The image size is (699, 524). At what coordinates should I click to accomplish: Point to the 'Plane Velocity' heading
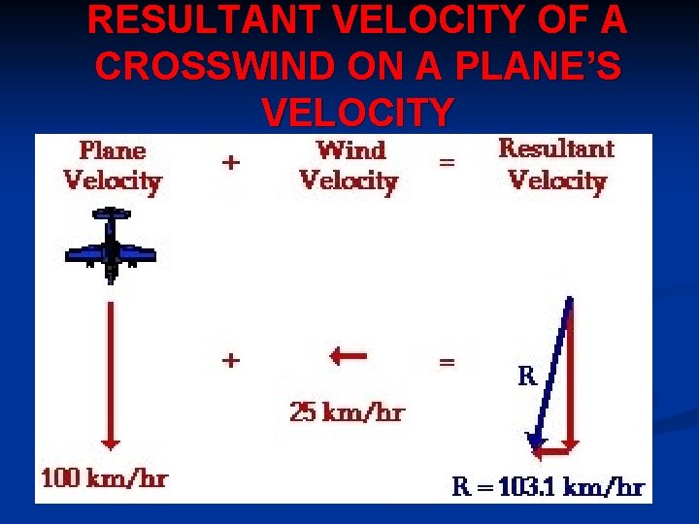coord(113,165)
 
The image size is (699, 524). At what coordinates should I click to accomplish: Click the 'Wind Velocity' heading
coord(349,165)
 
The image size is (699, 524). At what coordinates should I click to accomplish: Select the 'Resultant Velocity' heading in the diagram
coord(556,164)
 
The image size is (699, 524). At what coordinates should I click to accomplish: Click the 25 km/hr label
coord(347,412)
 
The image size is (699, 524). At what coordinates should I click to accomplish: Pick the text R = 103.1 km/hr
coord(549,487)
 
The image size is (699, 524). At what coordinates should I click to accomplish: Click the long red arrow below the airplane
coord(111,374)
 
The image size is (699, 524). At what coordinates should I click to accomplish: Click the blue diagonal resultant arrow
coord(551,374)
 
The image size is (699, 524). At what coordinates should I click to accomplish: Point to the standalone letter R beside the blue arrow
coord(526,377)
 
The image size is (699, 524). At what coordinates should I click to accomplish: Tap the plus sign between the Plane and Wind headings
coord(230,163)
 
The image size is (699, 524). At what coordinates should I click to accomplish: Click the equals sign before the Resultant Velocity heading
coord(447,163)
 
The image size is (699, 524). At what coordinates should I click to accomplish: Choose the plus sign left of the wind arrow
coord(230,361)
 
